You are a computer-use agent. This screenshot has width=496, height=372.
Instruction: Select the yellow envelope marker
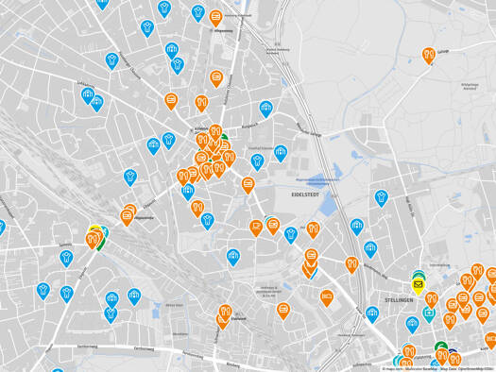(x=418, y=282)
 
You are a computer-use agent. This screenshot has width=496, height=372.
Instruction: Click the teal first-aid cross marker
(x=429, y=313)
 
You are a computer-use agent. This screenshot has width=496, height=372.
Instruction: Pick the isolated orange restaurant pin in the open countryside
(x=428, y=56)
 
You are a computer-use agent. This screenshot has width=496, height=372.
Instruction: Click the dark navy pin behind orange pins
(x=453, y=357)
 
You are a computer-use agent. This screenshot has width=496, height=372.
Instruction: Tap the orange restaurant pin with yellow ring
(x=94, y=240)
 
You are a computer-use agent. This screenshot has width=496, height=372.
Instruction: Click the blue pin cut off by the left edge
(x=2, y=228)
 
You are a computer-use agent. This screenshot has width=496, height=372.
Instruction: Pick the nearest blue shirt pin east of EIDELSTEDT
(x=381, y=197)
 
